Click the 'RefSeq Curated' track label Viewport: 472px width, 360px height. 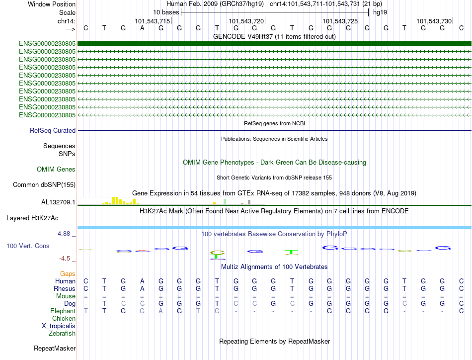pos(53,131)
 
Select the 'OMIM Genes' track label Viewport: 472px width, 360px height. pos(56,170)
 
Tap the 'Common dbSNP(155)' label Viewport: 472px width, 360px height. pos(44,185)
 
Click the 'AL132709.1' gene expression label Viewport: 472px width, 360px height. pos(58,202)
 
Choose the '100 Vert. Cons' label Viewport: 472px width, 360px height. pos(28,246)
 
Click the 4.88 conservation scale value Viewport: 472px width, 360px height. pos(66,233)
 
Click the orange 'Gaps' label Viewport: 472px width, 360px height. pos(68,274)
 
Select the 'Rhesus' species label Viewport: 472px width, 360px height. pos(65,289)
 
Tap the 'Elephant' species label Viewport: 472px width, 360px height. pos(63,311)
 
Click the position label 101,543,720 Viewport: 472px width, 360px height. pos(246,21)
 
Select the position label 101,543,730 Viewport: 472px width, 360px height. pos(434,21)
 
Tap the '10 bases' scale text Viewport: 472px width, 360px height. pos(166,12)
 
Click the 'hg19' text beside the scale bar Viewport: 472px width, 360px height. pos(380,12)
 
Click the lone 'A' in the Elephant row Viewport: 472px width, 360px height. pos(160,311)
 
